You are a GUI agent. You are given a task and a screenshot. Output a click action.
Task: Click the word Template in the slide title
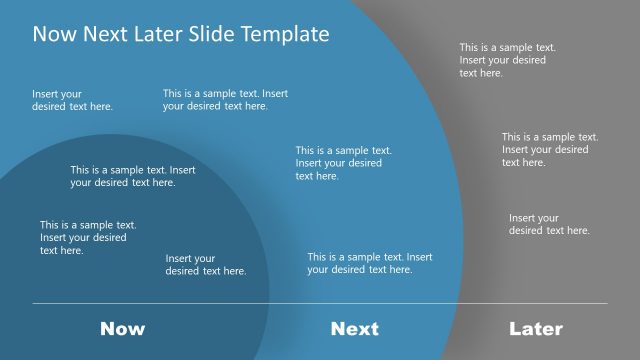click(285, 34)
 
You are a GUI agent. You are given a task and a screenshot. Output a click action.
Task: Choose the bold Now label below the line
click(123, 328)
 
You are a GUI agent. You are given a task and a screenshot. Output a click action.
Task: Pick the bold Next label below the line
click(355, 328)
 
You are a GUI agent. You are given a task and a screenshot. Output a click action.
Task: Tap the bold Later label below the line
click(536, 328)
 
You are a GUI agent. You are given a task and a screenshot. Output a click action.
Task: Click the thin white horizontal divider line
click(320, 303)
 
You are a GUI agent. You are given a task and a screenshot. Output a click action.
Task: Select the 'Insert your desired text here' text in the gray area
click(549, 224)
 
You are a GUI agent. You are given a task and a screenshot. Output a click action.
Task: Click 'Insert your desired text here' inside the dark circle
click(205, 264)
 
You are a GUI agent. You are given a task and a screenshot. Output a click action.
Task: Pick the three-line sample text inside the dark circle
click(88, 238)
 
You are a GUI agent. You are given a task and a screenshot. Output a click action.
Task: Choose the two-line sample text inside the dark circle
click(133, 176)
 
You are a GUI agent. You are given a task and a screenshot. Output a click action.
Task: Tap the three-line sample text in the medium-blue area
click(343, 163)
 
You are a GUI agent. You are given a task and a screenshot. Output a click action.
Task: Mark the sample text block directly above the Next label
click(369, 263)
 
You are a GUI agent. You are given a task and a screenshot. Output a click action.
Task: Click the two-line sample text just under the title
click(225, 99)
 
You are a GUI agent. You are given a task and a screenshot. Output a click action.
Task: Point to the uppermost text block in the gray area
click(507, 60)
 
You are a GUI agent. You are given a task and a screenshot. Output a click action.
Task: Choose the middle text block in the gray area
click(550, 149)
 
